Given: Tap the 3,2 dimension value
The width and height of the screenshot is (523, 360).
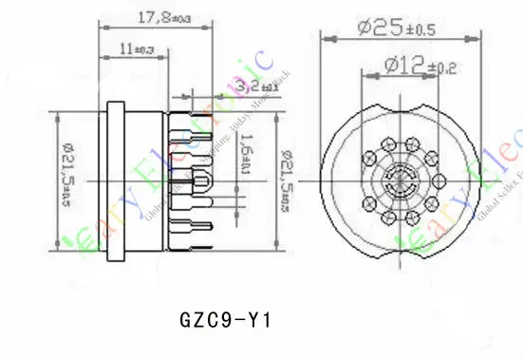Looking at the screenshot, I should (231, 87).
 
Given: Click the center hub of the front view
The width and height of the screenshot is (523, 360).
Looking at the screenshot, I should (397, 180).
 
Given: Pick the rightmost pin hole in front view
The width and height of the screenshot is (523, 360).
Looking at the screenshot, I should (436, 180).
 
